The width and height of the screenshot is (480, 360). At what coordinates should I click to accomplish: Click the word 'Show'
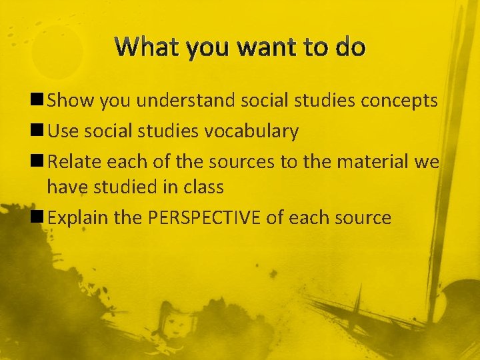[71, 101]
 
